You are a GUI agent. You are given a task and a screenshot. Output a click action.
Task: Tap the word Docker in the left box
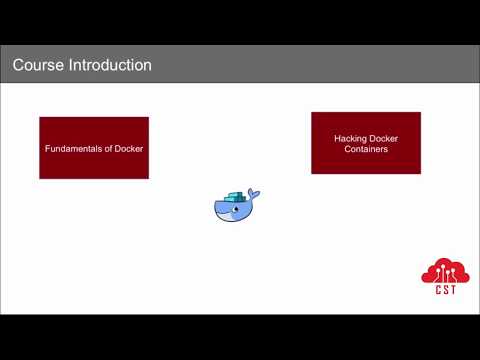[128, 149]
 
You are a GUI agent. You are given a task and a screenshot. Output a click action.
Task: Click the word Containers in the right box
[366, 149]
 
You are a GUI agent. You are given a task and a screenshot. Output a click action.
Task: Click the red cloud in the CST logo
[443, 272]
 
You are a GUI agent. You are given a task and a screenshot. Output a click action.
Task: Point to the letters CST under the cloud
[444, 291]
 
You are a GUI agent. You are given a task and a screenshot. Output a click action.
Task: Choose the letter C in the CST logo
[436, 291]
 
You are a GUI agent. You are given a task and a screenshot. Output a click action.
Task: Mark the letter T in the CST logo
[452, 291]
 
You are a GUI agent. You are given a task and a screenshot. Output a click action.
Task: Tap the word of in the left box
[108, 149]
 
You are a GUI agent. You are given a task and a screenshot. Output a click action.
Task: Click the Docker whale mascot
[236, 205]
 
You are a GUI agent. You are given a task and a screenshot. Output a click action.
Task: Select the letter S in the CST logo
[444, 291]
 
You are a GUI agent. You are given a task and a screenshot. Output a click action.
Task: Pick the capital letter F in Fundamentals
[47, 149]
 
